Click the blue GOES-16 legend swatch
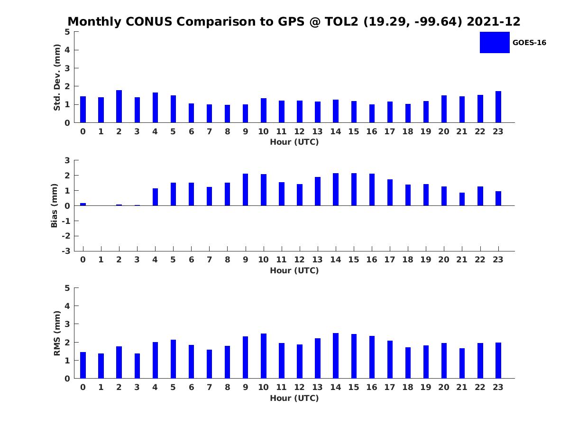click(495, 43)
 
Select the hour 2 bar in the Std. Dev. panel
click(119, 106)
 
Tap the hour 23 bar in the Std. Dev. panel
click(498, 107)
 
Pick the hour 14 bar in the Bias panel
click(335, 189)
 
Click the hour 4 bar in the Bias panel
click(155, 197)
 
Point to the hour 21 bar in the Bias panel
click(462, 199)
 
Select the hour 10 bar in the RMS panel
click(263, 356)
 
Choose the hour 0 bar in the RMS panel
click(83, 365)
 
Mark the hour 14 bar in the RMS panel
click(335, 356)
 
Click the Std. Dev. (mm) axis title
click(57, 77)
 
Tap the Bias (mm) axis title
click(54, 205)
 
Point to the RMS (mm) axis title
click(57, 333)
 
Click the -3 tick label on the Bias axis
click(66, 251)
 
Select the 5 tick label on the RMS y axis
click(67, 288)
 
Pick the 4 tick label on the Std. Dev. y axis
click(67, 50)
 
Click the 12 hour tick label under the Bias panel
click(299, 260)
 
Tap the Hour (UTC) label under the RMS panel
click(294, 398)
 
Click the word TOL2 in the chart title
click(341, 21)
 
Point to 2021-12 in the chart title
click(493, 21)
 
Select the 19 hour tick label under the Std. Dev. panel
click(426, 131)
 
